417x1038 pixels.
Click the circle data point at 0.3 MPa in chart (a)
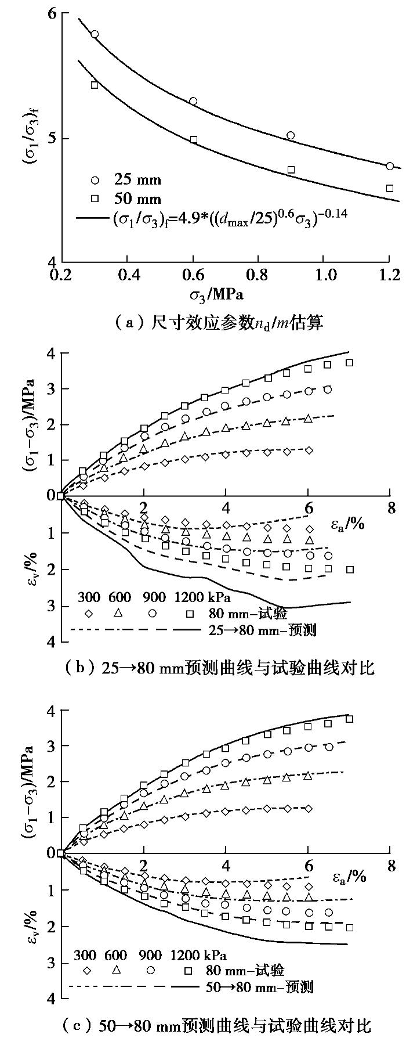tap(95, 34)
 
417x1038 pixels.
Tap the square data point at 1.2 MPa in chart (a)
tap(390, 188)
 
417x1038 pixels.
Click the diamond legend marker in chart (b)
tap(88, 614)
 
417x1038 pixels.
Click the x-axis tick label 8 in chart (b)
tap(391, 508)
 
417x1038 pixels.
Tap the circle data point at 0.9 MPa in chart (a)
tap(291, 135)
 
